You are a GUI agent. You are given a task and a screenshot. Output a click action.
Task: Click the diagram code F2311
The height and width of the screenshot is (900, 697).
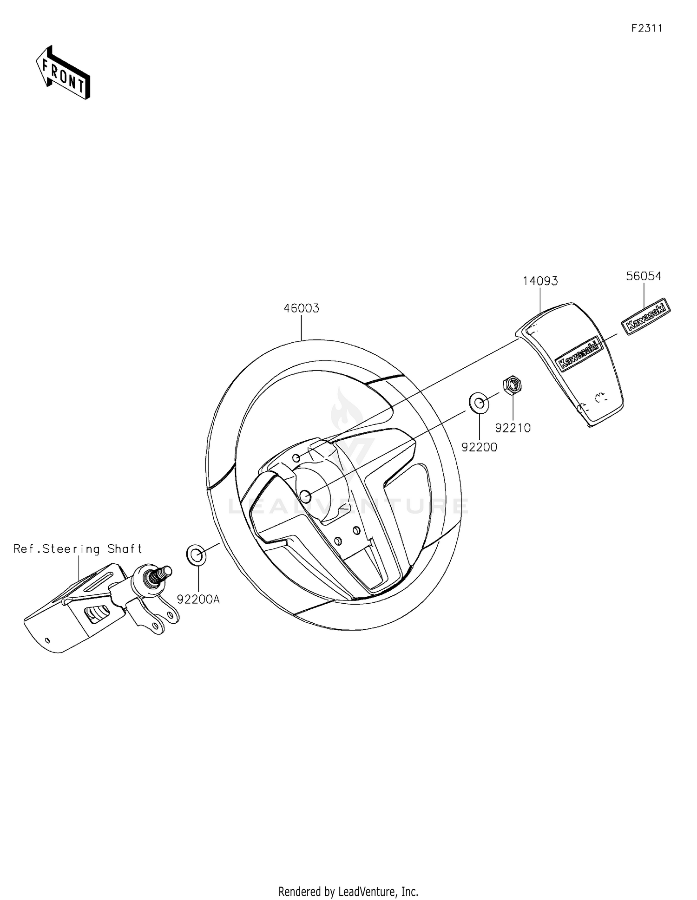646,28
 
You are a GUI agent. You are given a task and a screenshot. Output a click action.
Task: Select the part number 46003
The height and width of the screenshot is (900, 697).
302,308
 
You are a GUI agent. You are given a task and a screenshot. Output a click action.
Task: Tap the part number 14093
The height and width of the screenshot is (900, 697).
540,281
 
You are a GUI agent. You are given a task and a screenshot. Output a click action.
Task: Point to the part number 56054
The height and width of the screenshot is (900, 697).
644,276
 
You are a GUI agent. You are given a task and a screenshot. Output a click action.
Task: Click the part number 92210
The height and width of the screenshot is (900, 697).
513,428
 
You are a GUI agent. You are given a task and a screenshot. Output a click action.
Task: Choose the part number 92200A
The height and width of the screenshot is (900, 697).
198,600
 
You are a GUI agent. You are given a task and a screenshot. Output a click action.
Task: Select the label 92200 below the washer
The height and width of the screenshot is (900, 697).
479,447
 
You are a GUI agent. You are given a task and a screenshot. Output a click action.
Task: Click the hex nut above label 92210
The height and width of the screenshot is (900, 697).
512,385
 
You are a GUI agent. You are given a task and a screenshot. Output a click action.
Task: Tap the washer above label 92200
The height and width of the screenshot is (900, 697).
479,403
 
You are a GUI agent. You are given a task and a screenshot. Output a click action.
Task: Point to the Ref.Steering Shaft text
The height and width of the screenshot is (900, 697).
78,549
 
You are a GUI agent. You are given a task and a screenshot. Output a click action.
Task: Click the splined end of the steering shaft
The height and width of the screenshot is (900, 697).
161,574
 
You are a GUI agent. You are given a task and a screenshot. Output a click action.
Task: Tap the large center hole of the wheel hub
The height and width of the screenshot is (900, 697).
305,496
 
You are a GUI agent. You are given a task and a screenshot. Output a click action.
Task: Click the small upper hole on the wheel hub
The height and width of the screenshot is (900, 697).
296,458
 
